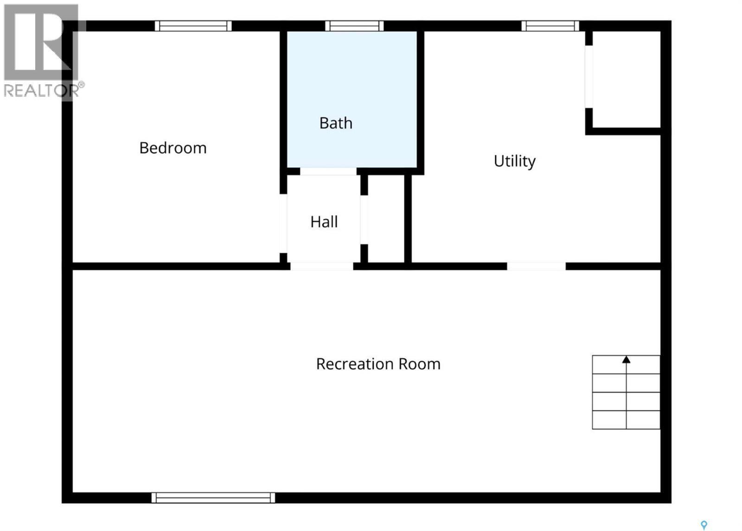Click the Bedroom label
coord(173,148)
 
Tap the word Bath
coord(336,123)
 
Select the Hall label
coord(324,222)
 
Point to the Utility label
coord(514,161)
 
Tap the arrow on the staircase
coord(626,360)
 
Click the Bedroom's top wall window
coord(193,26)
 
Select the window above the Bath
coord(354,26)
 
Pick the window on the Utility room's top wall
coord(550,26)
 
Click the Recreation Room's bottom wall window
coord(213,498)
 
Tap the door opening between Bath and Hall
coord(328,171)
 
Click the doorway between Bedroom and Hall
coord(283,223)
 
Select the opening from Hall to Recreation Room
coord(322,266)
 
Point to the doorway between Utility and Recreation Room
coord(536,266)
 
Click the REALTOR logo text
coord(42,90)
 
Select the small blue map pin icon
coord(704,525)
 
